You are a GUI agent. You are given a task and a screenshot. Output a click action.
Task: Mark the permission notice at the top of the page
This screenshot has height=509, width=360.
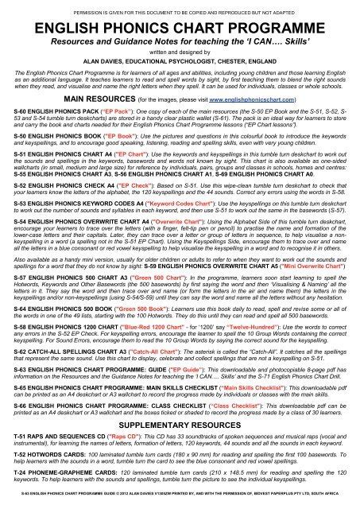[x=180, y=7]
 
